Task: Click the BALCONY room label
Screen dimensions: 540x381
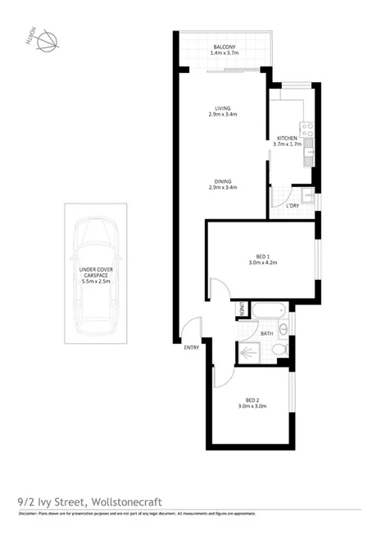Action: [x=225, y=48]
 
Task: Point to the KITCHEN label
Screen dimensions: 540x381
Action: [x=288, y=138]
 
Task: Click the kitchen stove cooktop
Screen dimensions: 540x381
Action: [x=309, y=129]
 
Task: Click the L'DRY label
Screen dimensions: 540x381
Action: [x=293, y=205]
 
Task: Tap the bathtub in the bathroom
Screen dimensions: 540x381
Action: [x=268, y=312]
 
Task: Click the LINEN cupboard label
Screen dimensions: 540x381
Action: [x=243, y=309]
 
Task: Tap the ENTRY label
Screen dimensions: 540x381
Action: [x=192, y=347]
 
